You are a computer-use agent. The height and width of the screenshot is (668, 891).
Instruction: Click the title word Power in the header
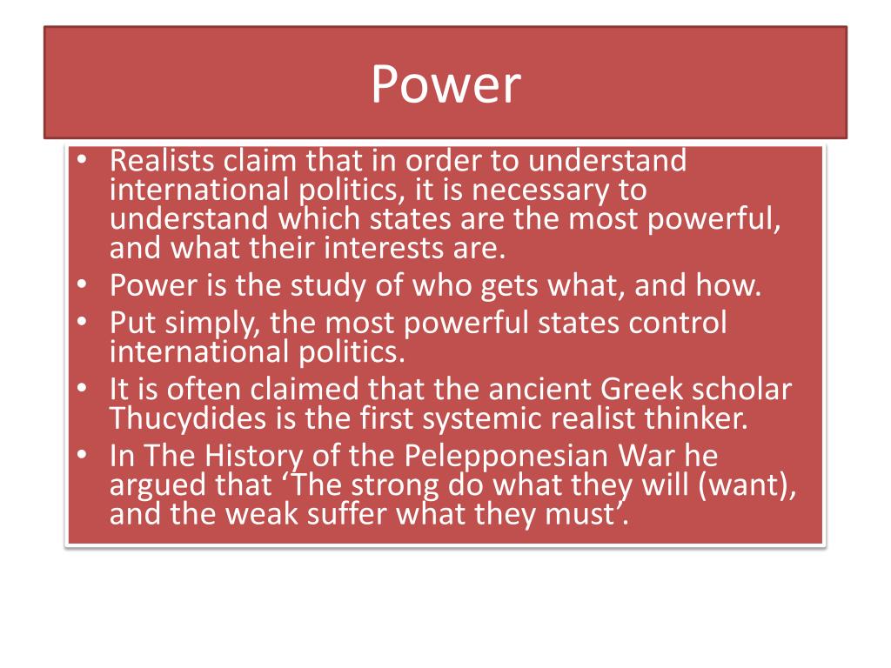445,84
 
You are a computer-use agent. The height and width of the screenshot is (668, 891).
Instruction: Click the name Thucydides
189,418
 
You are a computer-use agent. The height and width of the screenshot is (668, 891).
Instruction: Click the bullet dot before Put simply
81,324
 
